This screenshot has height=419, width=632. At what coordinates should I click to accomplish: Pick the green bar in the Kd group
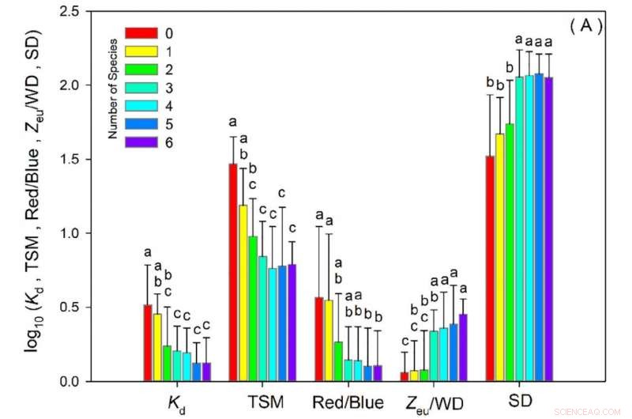coord(167,364)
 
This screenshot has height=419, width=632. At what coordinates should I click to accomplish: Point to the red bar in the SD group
coord(490,269)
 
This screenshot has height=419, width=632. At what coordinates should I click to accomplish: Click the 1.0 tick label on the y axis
coord(81,233)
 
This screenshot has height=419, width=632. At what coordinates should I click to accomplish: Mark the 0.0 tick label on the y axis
coord(81,382)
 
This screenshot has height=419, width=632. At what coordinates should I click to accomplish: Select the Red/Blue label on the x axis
coord(348,402)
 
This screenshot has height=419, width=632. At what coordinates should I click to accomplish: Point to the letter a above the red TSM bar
coord(233,122)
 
